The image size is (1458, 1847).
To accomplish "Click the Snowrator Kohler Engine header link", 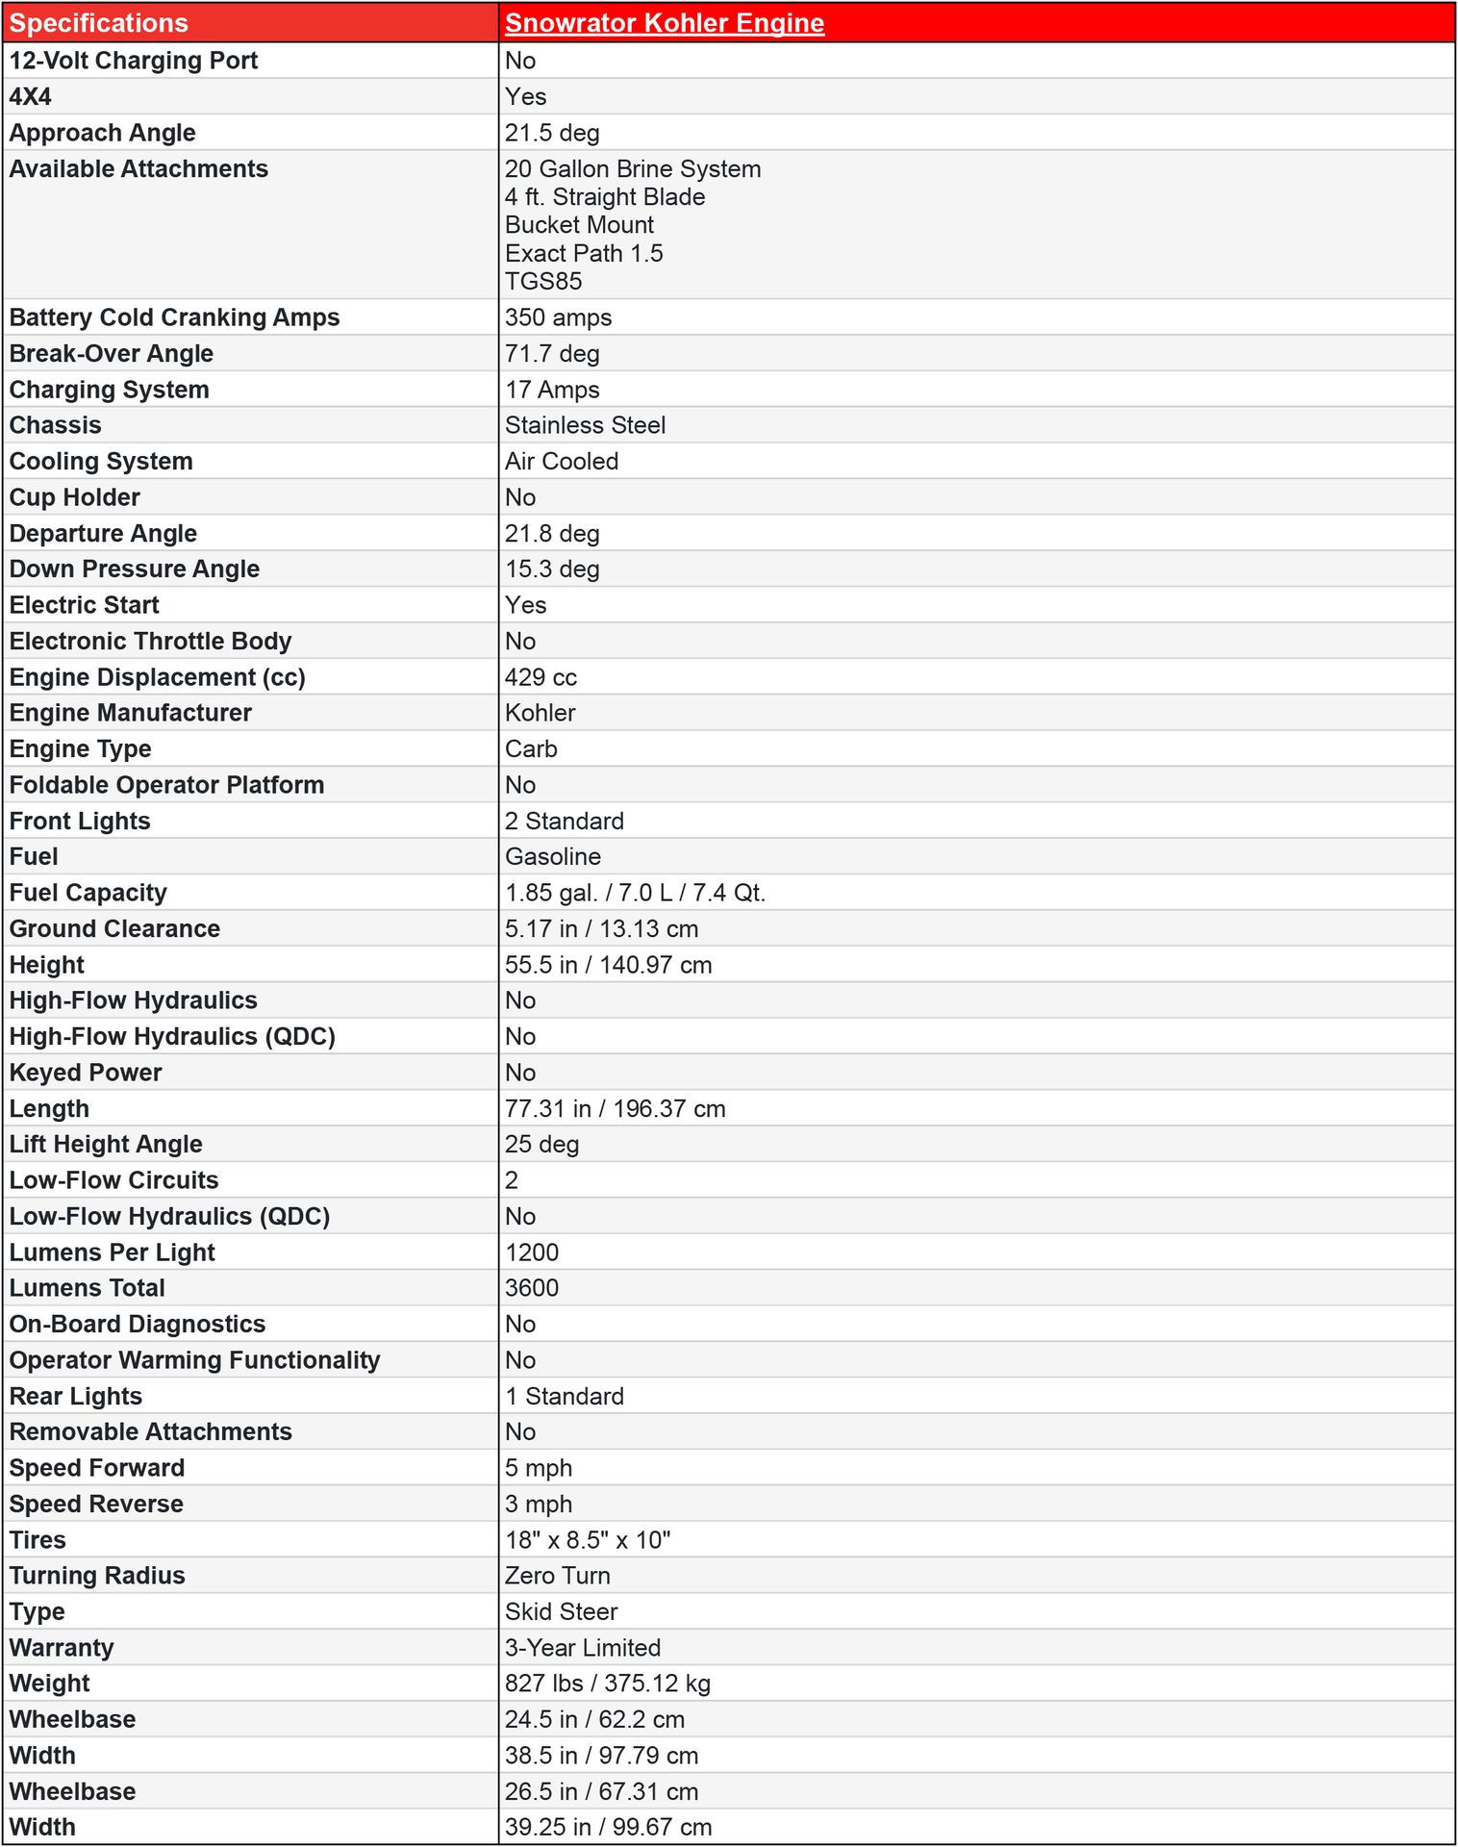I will pos(664,23).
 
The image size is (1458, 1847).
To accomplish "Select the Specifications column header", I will pos(98,23).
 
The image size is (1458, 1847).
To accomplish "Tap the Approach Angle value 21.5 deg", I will pos(552,133).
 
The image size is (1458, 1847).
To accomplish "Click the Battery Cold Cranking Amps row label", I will pos(174,317).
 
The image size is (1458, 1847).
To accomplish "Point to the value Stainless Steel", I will pos(585,425).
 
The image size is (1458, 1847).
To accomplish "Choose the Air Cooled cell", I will pos(562,461).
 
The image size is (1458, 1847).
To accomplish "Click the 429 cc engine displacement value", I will pos(540,677).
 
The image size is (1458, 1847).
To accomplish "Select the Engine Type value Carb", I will pos(531,748).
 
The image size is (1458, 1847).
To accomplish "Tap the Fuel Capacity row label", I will pos(88,893).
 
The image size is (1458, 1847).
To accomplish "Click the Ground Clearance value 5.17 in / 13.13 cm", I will pos(601,928).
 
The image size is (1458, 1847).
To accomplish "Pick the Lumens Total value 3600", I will pos(532,1287).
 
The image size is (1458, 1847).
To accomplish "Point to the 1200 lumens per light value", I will pos(532,1252).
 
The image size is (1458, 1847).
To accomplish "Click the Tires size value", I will pos(588,1539).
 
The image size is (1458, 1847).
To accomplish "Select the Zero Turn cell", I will pos(557,1575).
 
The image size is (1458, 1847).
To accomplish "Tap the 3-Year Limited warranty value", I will pos(583,1647).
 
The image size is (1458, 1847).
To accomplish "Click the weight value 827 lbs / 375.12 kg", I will pos(607,1683).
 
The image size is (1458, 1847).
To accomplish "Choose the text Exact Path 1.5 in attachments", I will pos(584,253).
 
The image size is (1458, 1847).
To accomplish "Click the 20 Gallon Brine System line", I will pos(633,169).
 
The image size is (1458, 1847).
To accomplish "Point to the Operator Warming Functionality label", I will pos(194,1360).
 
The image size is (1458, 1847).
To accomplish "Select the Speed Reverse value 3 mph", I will pos(539,1504).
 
